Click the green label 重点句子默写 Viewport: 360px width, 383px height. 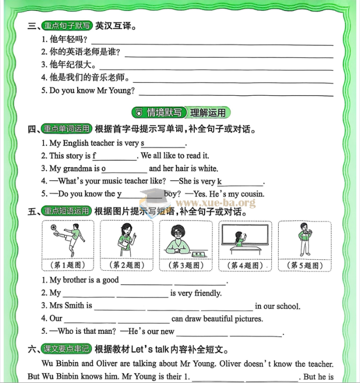[67, 26]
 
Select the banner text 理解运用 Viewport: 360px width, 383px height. [208, 112]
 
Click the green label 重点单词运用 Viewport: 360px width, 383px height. [67, 129]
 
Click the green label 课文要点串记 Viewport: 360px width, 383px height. [67, 349]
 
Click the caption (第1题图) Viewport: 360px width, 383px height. [67, 266]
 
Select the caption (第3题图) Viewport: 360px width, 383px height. [186, 266]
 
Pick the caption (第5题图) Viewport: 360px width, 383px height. [305, 266]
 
